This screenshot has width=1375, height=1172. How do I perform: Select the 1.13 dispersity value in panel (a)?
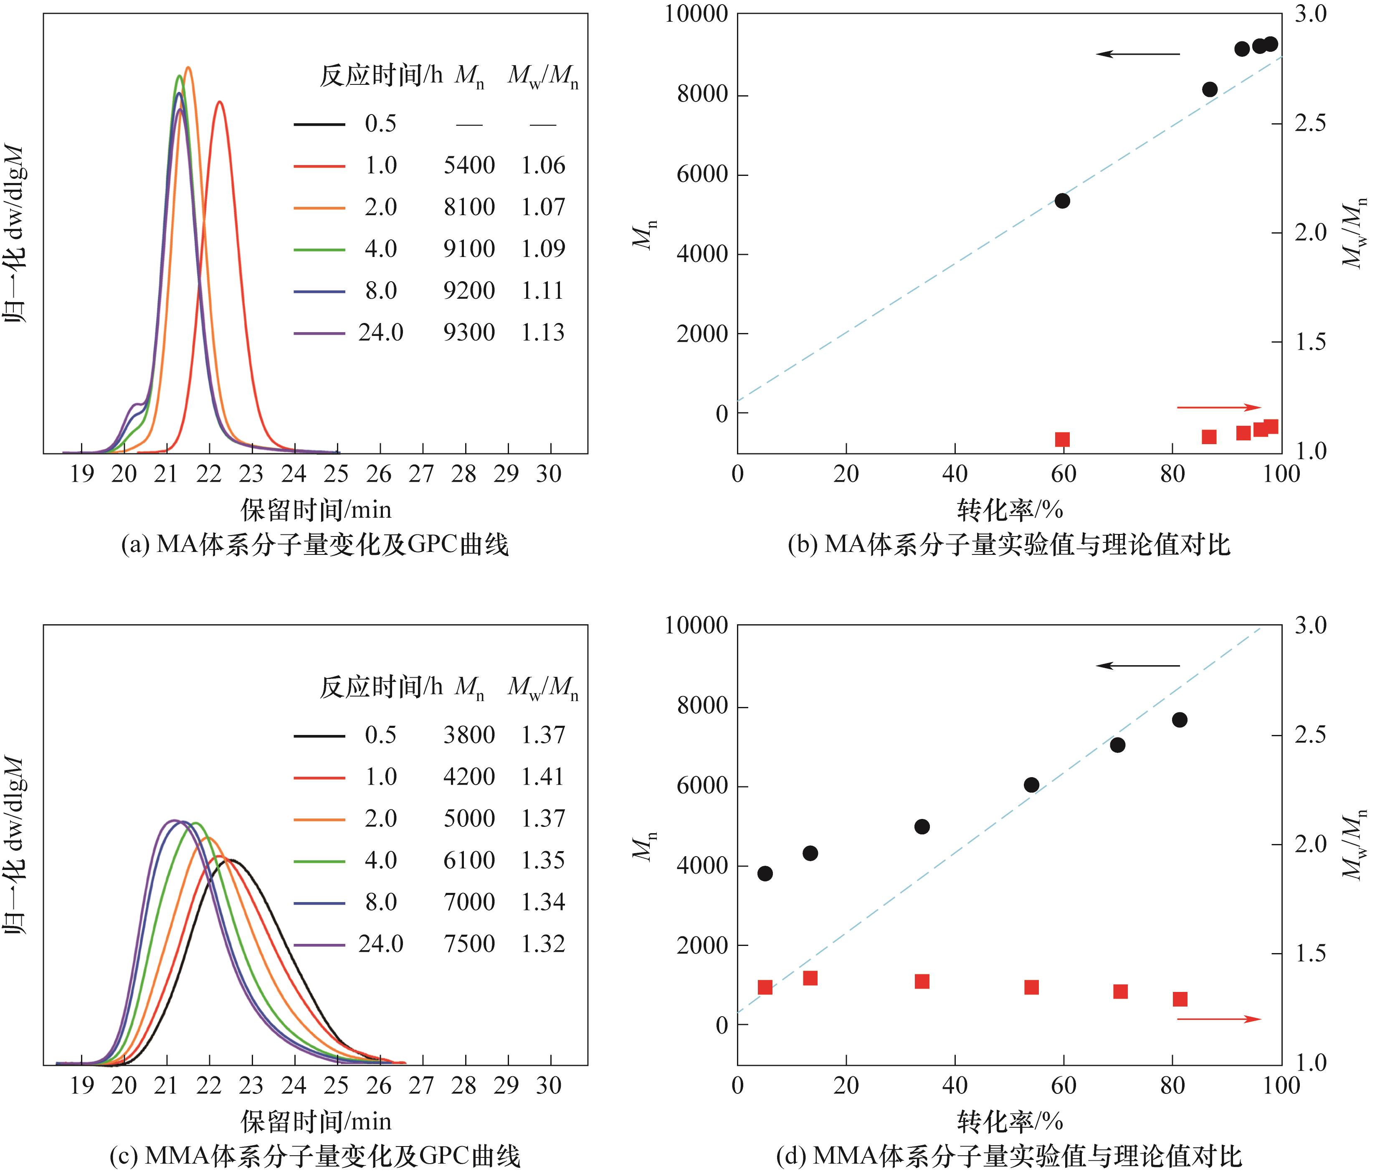pos(542,332)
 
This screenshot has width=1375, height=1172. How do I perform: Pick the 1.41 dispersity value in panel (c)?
pos(542,776)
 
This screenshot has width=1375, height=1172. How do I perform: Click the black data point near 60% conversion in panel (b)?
pos(1062,201)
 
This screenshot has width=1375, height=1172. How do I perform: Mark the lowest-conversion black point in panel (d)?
pos(765,873)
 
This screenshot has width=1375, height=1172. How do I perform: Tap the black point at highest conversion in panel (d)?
pos(1179,720)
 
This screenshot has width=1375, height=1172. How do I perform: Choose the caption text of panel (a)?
pos(314,545)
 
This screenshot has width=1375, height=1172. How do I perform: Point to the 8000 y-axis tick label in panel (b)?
pos(702,95)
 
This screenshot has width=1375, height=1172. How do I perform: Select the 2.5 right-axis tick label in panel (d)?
pos(1311,735)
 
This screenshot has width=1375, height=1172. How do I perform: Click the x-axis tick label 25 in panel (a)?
pos(337,474)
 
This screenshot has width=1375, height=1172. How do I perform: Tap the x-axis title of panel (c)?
pos(316,1121)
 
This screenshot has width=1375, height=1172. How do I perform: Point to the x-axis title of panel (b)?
pos(1009,510)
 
